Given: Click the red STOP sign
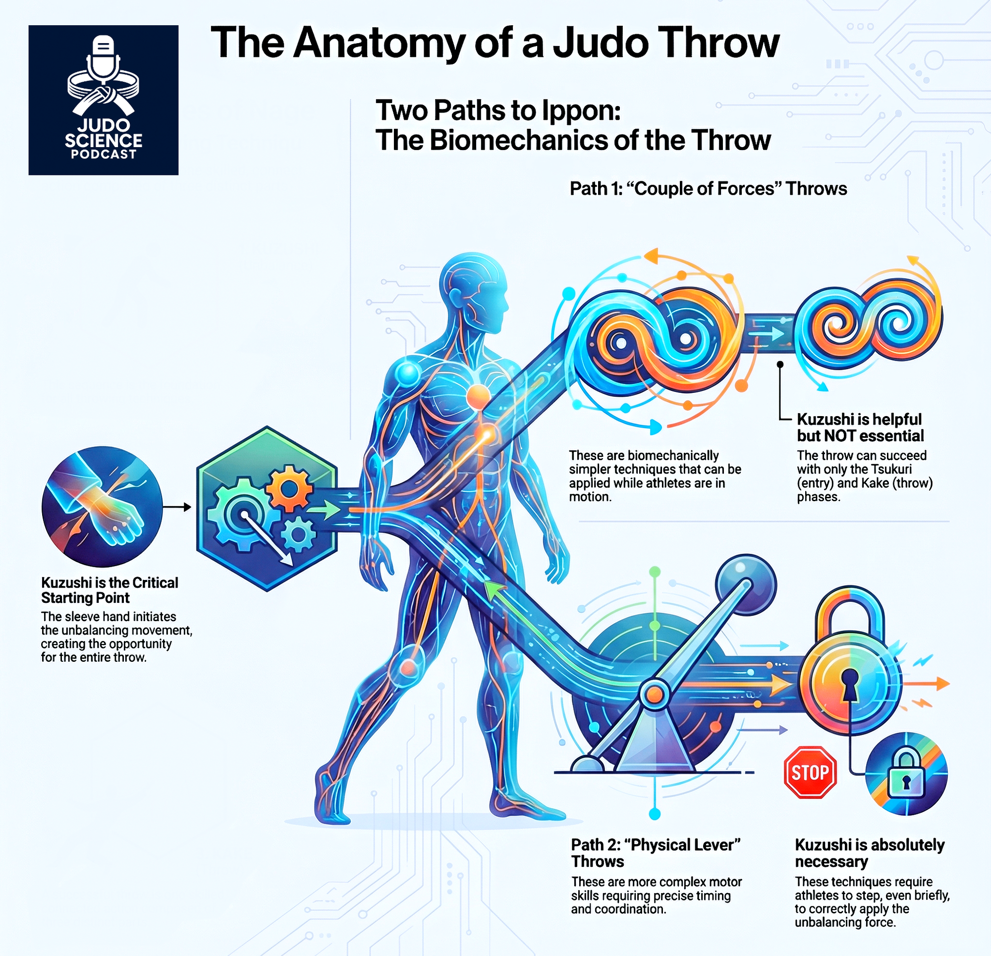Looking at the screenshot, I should coord(810,772).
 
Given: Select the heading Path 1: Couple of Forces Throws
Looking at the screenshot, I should coord(708,189).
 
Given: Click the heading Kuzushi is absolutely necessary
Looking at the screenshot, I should coord(869,853).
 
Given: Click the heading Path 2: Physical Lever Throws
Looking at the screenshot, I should coord(655,853).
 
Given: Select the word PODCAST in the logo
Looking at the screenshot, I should coord(104,155).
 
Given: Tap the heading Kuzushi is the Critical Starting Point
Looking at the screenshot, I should coord(109,590).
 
